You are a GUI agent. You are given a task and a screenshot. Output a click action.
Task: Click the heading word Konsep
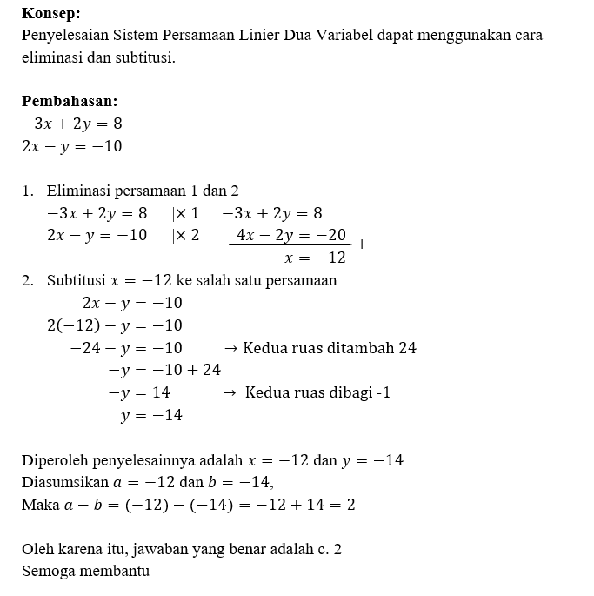[x=50, y=14]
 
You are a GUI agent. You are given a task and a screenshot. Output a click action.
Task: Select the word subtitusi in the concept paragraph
[x=143, y=59]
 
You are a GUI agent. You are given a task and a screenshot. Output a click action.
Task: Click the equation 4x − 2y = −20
[x=291, y=235]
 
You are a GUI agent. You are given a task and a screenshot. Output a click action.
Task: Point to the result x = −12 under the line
[x=315, y=258]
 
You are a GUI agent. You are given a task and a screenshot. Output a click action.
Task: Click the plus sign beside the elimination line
[x=362, y=245]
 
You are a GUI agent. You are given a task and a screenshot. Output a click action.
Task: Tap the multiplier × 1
[x=186, y=213]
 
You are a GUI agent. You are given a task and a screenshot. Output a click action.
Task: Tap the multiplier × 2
[x=186, y=235]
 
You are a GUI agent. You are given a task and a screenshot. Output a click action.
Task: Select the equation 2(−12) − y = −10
[x=114, y=325]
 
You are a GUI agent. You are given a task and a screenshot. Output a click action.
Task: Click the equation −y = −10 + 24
[x=164, y=370]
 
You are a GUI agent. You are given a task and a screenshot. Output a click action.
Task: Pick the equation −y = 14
[x=139, y=392]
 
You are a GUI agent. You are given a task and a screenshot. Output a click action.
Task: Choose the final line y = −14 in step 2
[x=152, y=415]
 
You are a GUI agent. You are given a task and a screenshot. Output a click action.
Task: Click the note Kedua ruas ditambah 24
[x=330, y=348]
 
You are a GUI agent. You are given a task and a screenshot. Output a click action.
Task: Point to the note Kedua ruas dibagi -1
[x=317, y=392]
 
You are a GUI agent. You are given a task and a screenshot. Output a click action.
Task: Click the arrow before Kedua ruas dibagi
[x=230, y=393]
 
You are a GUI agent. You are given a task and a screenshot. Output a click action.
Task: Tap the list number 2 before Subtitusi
[x=28, y=280]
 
